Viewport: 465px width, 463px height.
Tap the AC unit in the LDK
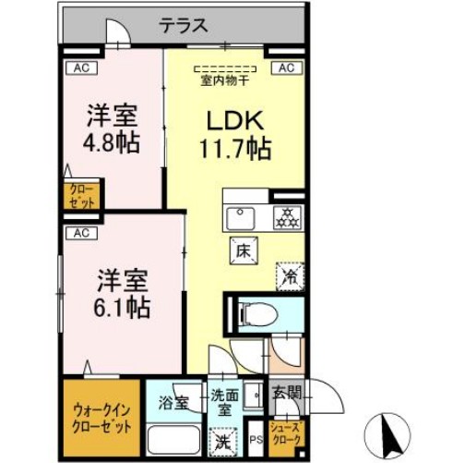(285, 67)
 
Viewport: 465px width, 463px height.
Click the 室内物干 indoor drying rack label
(226, 79)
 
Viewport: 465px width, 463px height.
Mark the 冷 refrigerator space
(288, 274)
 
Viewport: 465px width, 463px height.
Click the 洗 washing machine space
(221, 443)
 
